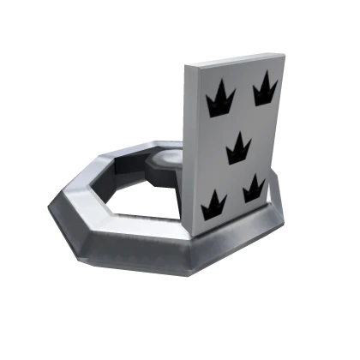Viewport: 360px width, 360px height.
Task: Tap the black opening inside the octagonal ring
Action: [x=141, y=199]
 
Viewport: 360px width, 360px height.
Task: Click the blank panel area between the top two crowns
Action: [x=241, y=94]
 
